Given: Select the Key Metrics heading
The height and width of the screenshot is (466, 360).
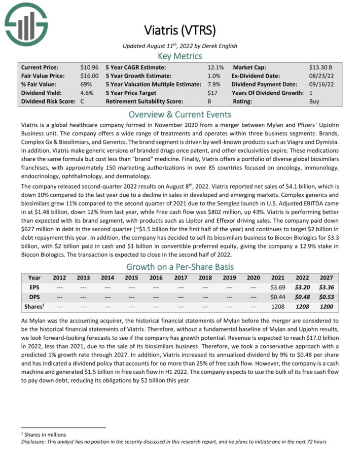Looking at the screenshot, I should coord(180,56).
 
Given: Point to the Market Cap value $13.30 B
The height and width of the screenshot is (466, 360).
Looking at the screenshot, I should coord(321,67).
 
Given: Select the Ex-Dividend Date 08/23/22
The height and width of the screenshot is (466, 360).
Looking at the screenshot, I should coord(319,76).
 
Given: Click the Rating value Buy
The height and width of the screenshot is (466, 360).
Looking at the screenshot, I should coord(314,101).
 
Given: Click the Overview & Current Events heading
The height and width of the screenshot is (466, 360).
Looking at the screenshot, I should coord(180,114).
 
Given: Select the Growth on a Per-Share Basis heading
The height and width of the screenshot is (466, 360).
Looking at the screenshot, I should coord(180,267).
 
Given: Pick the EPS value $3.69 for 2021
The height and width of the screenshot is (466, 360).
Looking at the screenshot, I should coord(278,288).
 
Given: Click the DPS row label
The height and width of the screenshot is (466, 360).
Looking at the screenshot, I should coord(34,297).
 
